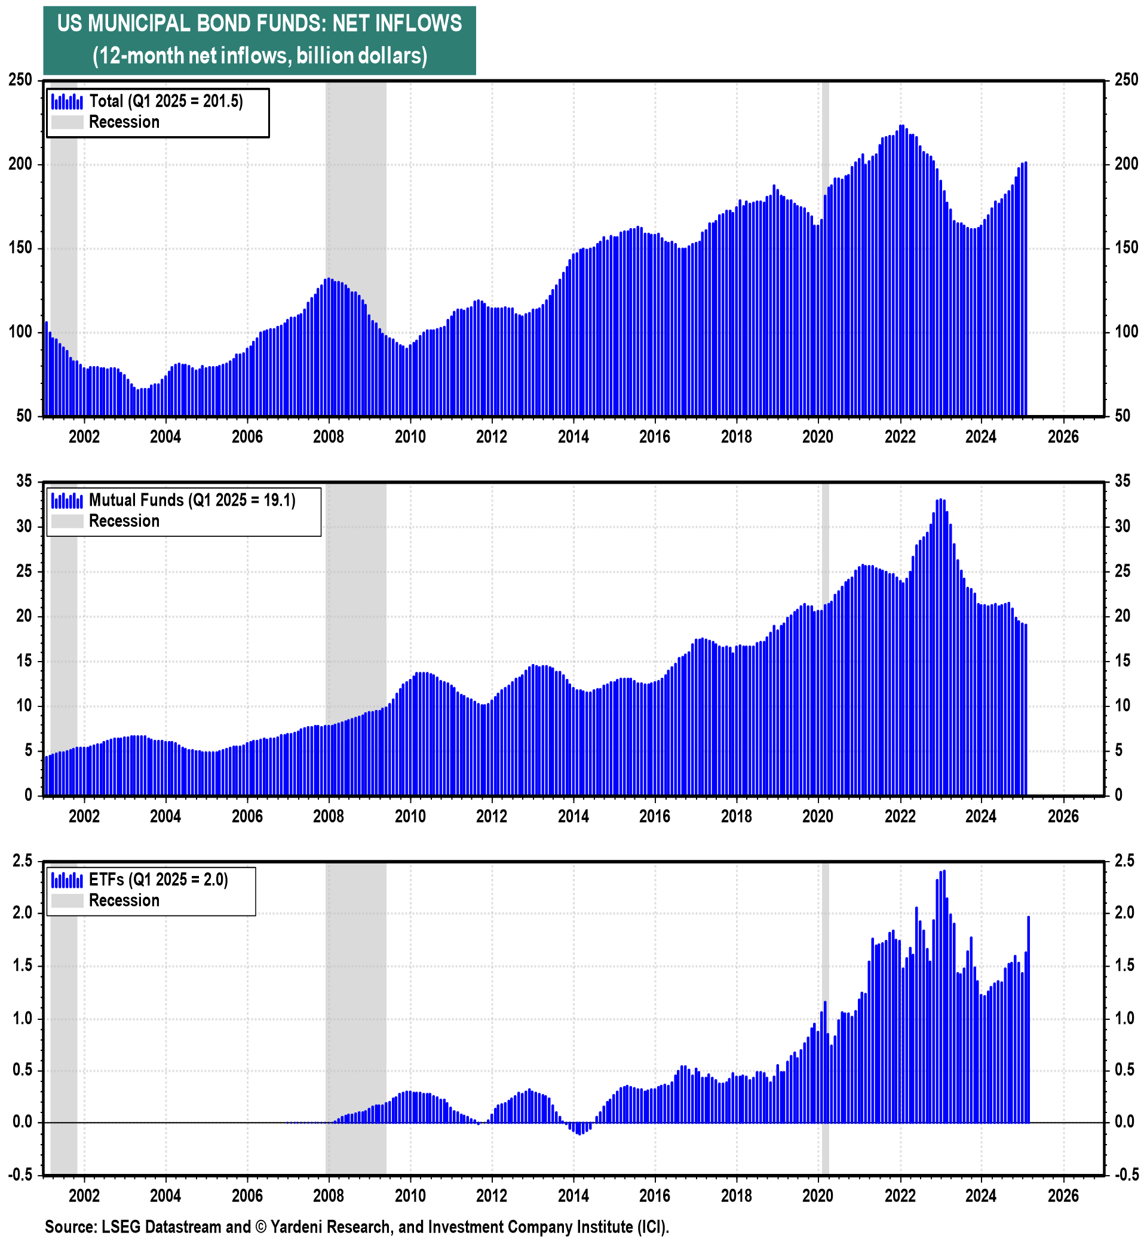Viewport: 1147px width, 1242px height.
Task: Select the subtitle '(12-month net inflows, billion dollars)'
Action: point(259,57)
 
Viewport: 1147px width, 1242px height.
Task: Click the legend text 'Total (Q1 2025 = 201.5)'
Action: point(165,101)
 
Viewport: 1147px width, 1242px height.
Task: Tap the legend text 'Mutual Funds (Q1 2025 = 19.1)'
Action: point(192,500)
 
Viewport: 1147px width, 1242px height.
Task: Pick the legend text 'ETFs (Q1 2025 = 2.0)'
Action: point(158,880)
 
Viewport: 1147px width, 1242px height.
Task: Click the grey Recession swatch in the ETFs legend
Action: point(67,901)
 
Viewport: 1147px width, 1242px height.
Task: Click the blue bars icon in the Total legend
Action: point(67,101)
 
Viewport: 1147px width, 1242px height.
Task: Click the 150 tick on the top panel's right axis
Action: point(1126,248)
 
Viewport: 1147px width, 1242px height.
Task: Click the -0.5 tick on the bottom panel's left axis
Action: point(20,1175)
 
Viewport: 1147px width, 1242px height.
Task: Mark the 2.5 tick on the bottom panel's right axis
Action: point(1125,860)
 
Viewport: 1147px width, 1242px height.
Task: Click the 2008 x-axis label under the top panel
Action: point(329,436)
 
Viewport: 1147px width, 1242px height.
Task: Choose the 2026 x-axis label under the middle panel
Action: point(1063,816)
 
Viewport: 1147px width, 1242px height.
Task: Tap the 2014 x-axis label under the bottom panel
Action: point(573,1195)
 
